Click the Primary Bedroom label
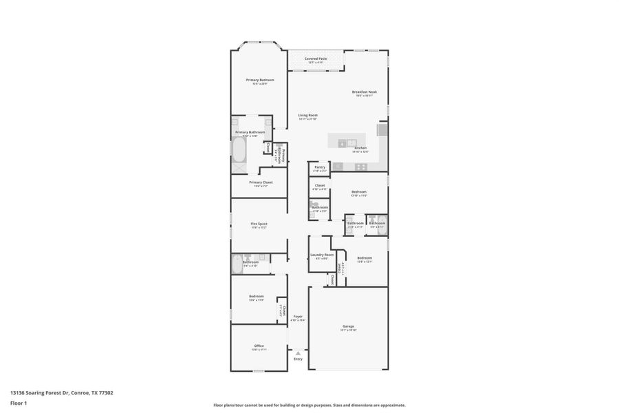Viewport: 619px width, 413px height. [260, 80]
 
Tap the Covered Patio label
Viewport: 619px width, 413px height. [316, 59]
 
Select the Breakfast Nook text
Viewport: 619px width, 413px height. [364, 92]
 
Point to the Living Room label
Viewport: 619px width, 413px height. [307, 115]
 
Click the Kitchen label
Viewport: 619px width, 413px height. [360, 148]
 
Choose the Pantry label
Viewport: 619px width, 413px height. [320, 167]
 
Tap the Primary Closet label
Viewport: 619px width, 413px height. [261, 182]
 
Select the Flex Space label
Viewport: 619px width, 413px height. [259, 224]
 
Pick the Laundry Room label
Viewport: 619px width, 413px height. [321, 255]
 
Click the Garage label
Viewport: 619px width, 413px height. [348, 326]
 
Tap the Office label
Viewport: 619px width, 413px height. [259, 346]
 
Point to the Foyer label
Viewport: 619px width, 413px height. [298, 317]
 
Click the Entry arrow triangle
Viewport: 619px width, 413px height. [298, 353]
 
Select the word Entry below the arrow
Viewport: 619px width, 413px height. [298, 359]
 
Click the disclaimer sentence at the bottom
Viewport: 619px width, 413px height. [309, 405]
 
